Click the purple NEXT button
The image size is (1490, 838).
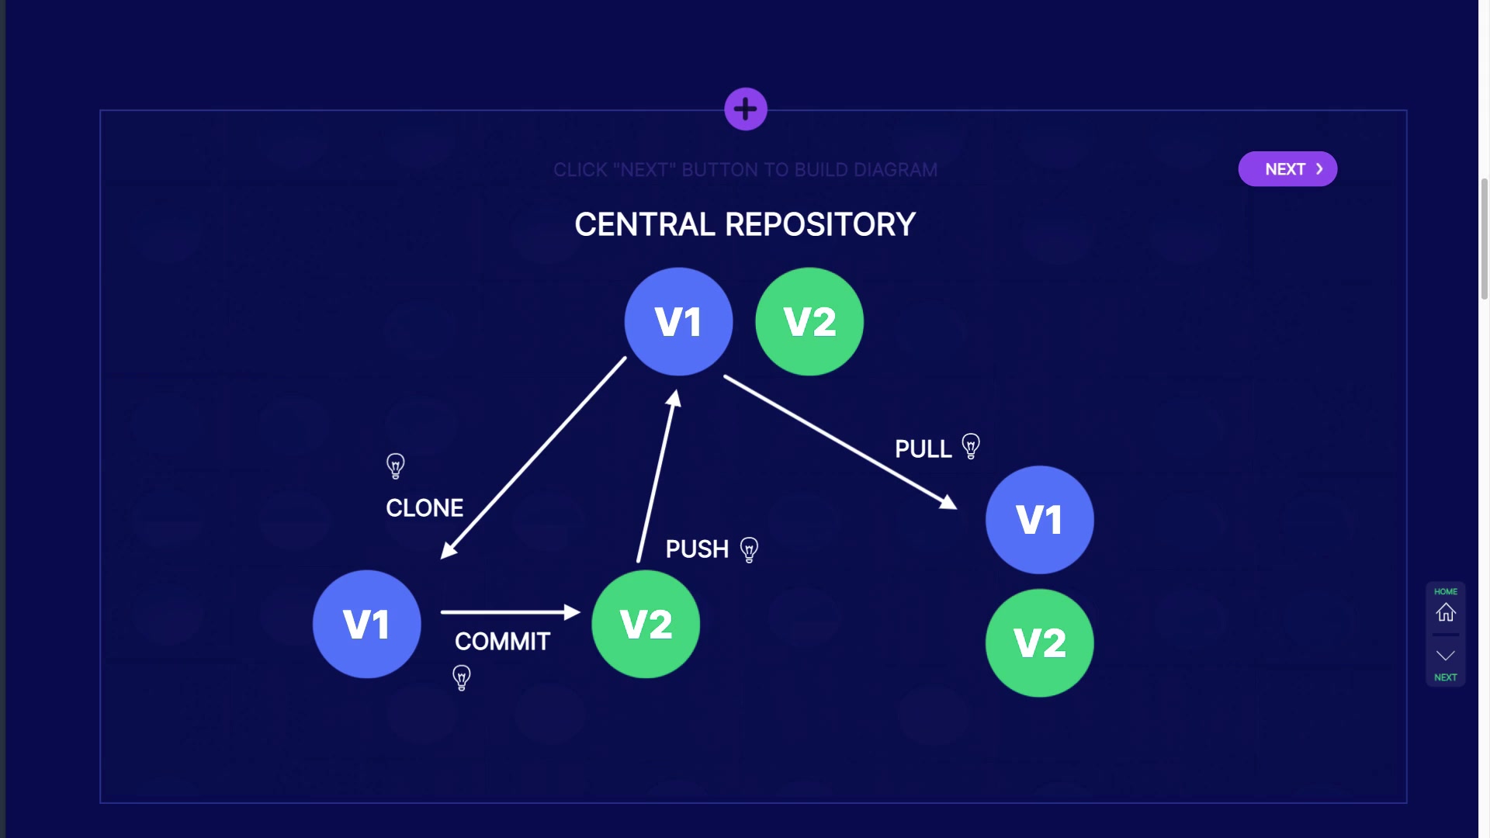tap(1287, 169)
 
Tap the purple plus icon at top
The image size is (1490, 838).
tap(746, 109)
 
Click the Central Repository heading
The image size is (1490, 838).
tap(745, 225)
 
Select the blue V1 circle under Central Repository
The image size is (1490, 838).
tap(678, 322)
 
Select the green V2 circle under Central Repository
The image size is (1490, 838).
tap(809, 322)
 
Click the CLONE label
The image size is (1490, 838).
tap(424, 508)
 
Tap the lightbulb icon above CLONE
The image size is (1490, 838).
tap(396, 466)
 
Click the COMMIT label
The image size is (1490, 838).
tap(502, 642)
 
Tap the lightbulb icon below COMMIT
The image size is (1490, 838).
tap(462, 677)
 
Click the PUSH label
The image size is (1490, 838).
tap(697, 549)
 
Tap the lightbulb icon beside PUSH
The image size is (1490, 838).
tap(749, 549)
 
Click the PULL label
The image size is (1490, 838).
tap(923, 449)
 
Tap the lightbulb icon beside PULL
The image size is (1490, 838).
tap(971, 446)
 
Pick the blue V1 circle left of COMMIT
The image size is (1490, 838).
tap(367, 625)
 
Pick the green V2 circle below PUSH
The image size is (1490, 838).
tap(646, 625)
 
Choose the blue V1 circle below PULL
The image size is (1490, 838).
tap(1040, 520)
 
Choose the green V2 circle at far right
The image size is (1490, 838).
tap(1040, 643)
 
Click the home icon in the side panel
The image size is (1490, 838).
tap(1445, 612)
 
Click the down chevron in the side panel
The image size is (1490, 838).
tap(1445, 656)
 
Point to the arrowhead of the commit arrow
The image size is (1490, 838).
tap(573, 612)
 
